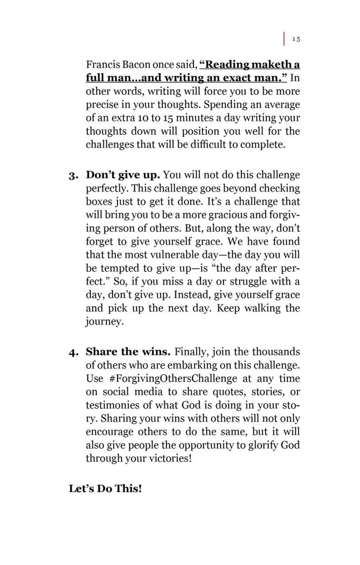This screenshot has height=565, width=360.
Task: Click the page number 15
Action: [x=296, y=39]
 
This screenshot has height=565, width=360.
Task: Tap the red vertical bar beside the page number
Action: [x=284, y=38]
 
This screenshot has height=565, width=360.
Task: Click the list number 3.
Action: [x=73, y=176]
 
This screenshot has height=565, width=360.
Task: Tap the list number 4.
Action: [x=73, y=352]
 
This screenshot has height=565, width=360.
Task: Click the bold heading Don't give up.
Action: [x=122, y=175]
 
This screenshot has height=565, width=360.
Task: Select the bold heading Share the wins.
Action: [x=128, y=352]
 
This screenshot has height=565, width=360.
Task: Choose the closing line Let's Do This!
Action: [x=105, y=489]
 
